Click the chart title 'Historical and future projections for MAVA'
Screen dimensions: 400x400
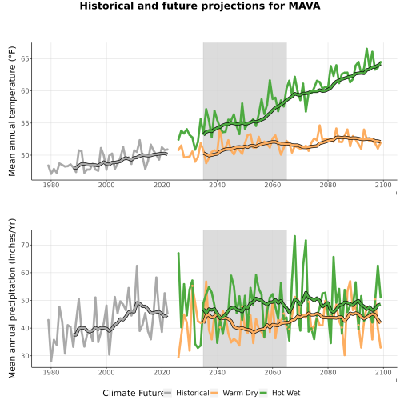[200, 6]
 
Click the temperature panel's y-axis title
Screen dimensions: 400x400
[12, 111]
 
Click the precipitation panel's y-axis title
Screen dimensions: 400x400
[12, 298]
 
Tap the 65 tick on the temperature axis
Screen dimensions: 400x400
[25, 58]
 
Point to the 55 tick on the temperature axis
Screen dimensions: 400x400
[25, 123]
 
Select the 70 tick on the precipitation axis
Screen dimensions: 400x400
[25, 245]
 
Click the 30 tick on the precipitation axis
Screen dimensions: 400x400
[25, 356]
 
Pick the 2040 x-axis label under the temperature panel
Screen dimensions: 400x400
[217, 185]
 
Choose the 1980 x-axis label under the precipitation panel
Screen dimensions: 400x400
[51, 372]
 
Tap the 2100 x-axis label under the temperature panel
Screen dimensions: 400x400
[383, 185]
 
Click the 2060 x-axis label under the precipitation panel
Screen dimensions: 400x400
[273, 372]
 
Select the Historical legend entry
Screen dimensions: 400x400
[186, 393]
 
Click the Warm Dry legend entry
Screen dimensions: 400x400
[234, 393]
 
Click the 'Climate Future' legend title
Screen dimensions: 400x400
[133, 393]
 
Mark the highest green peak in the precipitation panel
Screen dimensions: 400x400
[294, 236]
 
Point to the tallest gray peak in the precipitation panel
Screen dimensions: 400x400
[137, 266]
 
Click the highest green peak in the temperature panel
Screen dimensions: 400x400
[367, 49]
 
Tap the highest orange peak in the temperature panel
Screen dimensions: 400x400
[320, 126]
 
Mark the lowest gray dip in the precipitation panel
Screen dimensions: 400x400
[51, 361]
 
